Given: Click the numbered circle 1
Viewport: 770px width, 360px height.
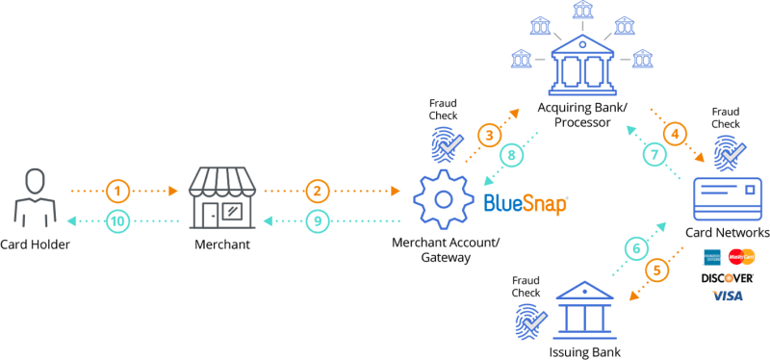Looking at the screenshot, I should tap(117, 190).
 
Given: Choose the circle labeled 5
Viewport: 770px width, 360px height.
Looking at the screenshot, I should tap(658, 270).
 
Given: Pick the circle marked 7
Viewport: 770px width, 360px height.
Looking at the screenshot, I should tap(656, 154).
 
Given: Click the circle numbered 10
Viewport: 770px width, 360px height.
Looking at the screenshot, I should tap(117, 220).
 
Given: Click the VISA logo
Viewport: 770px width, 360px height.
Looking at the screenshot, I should tap(728, 296).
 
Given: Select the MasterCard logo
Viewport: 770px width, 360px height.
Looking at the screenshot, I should tap(742, 257).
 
